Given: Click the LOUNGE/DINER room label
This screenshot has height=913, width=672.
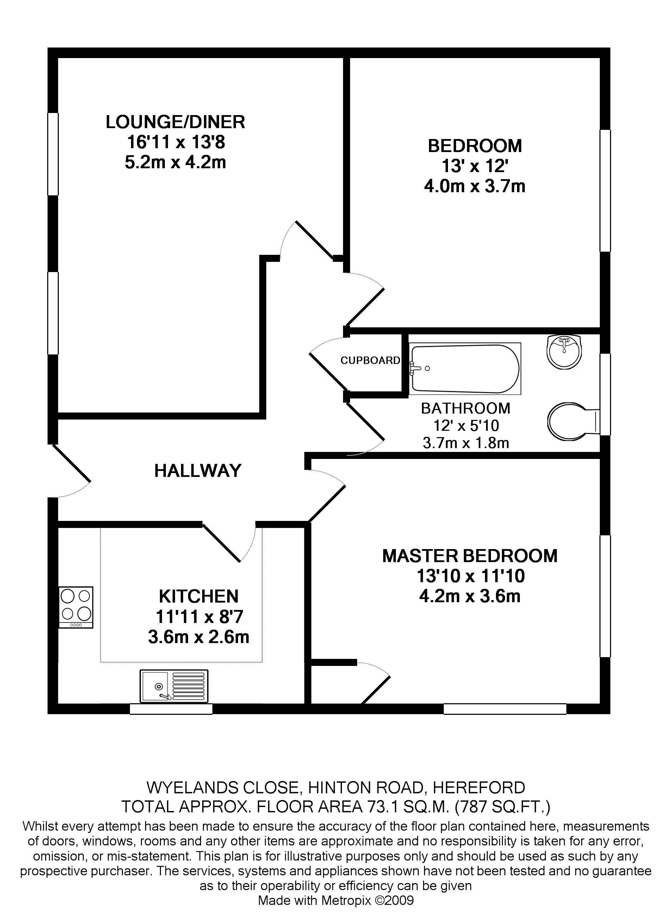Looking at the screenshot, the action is point(175,122).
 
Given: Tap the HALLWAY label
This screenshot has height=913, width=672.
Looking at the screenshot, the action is point(198,471).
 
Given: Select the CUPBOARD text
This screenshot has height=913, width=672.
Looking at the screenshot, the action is point(370,360).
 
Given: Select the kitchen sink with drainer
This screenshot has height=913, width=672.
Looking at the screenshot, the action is point(174,686).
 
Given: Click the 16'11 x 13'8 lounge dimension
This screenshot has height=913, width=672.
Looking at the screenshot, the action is point(176,142).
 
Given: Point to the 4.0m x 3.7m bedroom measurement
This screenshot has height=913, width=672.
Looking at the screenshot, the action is point(475,186).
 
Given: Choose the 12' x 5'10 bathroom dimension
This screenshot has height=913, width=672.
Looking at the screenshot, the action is point(466,426).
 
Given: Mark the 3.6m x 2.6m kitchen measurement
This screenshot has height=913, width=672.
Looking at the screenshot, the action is point(199,637).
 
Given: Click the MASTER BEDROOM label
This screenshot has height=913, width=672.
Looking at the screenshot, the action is point(470,556).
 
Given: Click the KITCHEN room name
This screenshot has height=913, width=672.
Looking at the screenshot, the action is point(199,596).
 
